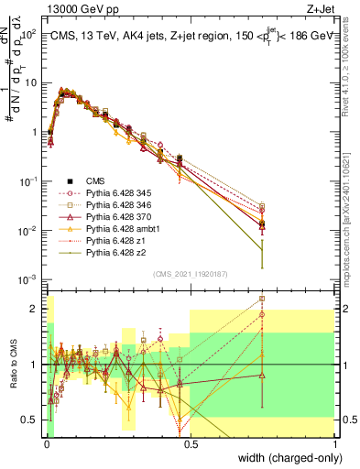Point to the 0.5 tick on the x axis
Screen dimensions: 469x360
[190, 443]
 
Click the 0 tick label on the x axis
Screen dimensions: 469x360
[45, 443]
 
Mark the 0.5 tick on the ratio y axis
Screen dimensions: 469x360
[30, 420]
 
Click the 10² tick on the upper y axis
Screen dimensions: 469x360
[29, 33]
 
